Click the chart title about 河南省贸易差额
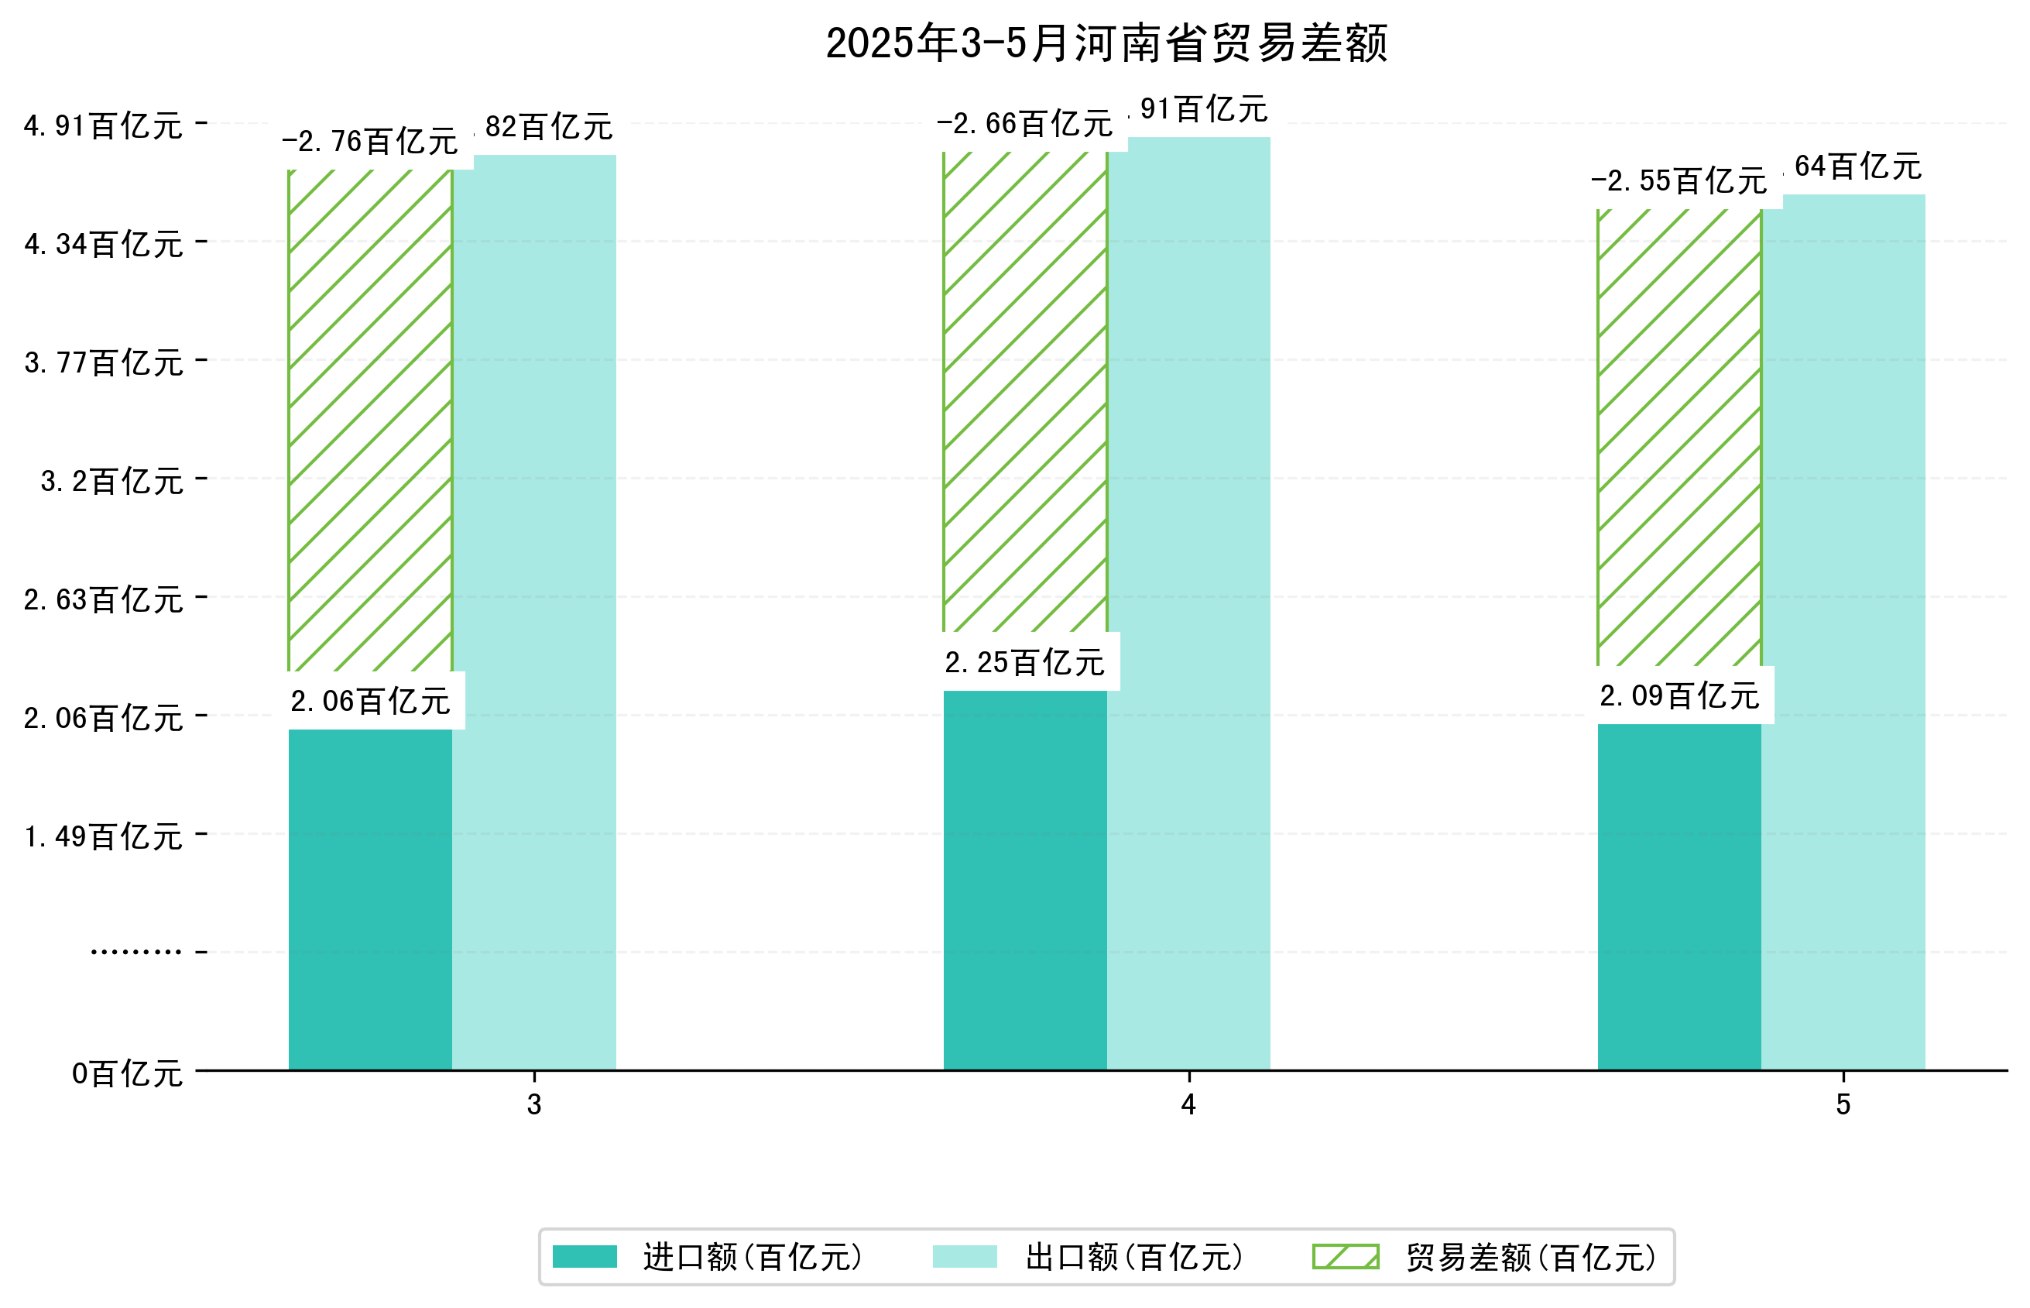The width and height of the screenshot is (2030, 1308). tap(1106, 43)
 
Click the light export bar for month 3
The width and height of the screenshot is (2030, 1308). tap(534, 612)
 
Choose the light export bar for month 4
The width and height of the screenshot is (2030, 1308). tap(1188, 603)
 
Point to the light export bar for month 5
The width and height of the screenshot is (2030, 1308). tap(1843, 632)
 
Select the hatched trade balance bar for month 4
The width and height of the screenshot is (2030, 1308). tap(1025, 391)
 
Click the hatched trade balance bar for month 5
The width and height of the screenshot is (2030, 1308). tap(1679, 438)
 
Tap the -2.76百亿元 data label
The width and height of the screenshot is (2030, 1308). tap(370, 141)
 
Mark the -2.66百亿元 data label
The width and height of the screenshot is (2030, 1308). tap(1025, 124)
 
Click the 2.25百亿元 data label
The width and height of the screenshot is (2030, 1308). tap(1025, 662)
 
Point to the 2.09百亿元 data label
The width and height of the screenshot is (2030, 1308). tap(1679, 695)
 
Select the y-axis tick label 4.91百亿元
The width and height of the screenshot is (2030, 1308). tap(103, 125)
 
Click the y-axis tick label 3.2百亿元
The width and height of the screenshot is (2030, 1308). tap(111, 481)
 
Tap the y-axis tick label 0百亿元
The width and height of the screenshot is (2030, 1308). tap(126, 1073)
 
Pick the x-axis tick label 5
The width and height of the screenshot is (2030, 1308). tap(1843, 1104)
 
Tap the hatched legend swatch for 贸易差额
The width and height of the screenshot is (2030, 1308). tap(1346, 1257)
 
